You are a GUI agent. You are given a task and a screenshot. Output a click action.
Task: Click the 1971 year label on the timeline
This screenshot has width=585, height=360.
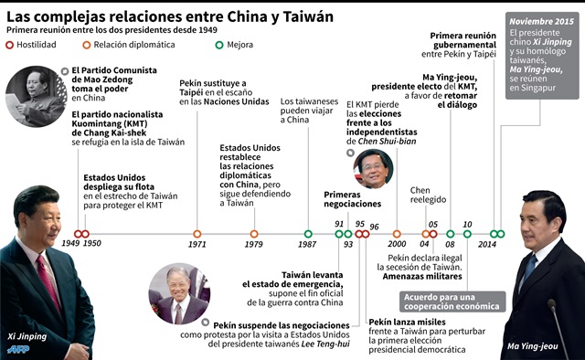tap(197, 245)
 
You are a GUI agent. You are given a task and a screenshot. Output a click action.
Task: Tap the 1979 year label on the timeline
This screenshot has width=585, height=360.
tap(254, 245)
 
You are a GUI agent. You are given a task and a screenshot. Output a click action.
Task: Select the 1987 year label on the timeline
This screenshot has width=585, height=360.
tap(308, 245)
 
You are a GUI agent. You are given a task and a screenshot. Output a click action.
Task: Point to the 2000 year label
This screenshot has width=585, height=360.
tap(397, 245)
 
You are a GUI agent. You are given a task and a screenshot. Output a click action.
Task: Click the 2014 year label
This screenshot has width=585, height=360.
tap(487, 245)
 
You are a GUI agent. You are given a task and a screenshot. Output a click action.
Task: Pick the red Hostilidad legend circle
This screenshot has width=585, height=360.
tap(10, 42)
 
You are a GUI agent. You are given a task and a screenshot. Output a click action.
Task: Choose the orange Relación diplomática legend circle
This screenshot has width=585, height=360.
tap(85, 42)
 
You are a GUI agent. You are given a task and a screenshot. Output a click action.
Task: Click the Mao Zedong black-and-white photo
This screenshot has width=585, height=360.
tap(29, 96)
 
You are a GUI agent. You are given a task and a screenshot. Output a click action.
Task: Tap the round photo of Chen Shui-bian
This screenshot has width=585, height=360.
tap(376, 169)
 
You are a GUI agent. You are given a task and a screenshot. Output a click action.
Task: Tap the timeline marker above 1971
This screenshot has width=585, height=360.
tap(197, 234)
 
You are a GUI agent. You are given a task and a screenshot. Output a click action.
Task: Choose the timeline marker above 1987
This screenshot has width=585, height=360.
tap(308, 234)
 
